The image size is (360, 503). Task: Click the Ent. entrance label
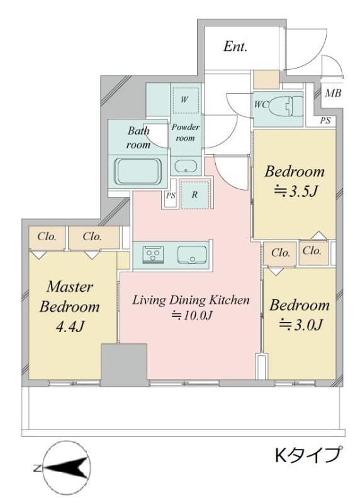[235, 47]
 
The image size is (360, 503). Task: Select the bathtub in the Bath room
[138, 172]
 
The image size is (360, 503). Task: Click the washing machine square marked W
[184, 99]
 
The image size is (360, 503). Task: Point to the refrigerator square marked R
[194, 194]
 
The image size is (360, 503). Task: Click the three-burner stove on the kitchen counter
[153, 255]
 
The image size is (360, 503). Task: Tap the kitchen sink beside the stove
[192, 255]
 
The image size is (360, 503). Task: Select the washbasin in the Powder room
[186, 166]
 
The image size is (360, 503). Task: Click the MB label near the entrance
[333, 93]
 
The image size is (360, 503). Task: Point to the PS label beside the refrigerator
[171, 196]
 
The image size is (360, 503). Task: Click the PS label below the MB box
[325, 121]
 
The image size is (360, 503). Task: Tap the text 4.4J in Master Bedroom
[70, 326]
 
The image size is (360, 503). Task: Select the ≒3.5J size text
[295, 191]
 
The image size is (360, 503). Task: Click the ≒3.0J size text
[300, 324]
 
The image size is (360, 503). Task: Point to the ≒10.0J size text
[191, 316]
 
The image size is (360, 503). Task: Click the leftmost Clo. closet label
[47, 237]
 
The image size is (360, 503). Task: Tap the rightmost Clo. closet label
[312, 251]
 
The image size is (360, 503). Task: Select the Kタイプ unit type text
[308, 454]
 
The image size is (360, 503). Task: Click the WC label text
[261, 104]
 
